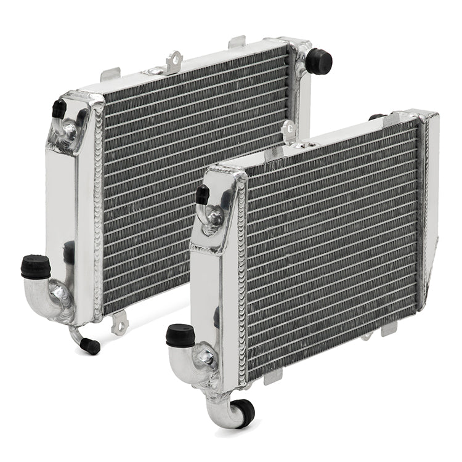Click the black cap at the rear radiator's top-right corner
[x=318, y=62]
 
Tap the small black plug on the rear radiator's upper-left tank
[x=59, y=109]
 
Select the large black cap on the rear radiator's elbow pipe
[x=36, y=267]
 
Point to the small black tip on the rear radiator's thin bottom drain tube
[x=92, y=346]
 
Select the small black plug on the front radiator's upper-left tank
[x=202, y=195]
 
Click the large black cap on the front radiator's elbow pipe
[x=180, y=335]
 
